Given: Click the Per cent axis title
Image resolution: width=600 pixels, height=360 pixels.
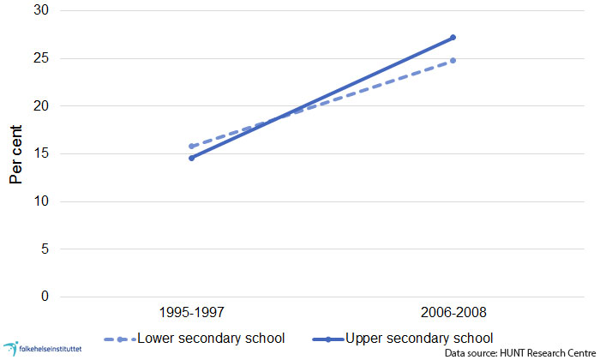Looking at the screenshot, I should click(16, 154).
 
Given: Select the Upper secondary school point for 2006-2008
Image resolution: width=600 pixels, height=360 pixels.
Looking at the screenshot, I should click(453, 38).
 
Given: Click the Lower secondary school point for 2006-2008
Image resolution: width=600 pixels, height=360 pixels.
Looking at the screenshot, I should click(453, 61).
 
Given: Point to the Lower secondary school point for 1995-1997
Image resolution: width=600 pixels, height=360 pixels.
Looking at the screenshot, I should click(192, 147).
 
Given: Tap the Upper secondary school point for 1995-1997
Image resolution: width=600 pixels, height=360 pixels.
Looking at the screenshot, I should click(192, 158).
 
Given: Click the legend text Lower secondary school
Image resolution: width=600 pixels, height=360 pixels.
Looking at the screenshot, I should click(211, 337).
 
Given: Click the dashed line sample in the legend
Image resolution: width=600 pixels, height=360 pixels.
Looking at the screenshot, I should click(119, 338).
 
